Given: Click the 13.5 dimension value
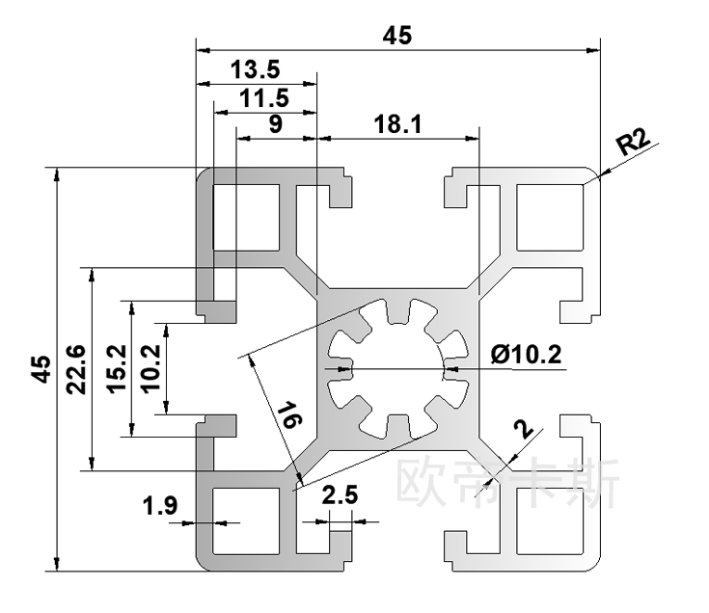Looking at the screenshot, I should click(256, 69).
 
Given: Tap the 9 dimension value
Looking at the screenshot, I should click(276, 123).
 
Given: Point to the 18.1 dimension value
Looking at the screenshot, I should click(395, 123).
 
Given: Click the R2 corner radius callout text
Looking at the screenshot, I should click(634, 142).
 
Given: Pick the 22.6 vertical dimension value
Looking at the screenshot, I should click(78, 369).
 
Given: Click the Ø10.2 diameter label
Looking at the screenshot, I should click(526, 355).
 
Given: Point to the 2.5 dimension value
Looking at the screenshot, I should click(341, 497).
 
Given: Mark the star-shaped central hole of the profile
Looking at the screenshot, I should click(389, 368).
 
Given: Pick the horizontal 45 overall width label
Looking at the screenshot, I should click(396, 36).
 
